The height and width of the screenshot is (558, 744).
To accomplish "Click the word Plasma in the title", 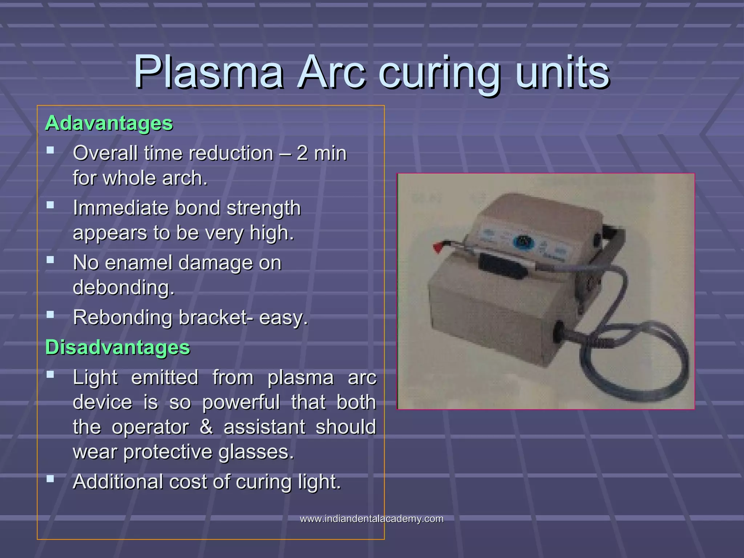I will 209,73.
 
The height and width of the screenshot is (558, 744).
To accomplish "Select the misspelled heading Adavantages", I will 109,123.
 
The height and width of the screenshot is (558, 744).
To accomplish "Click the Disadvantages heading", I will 117,347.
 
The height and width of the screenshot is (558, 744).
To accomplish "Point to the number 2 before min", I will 302,153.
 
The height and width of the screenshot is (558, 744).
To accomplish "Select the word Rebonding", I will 122,318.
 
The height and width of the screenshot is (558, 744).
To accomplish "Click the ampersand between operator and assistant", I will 206,427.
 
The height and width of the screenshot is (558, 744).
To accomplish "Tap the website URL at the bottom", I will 372,519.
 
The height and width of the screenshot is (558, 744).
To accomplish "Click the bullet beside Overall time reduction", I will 50,150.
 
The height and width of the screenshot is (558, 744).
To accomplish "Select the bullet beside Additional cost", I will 50,479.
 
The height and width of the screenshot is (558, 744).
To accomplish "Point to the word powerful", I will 241,402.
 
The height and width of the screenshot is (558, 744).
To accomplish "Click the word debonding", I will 124,288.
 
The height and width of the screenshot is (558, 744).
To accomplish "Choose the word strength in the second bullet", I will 263,208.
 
